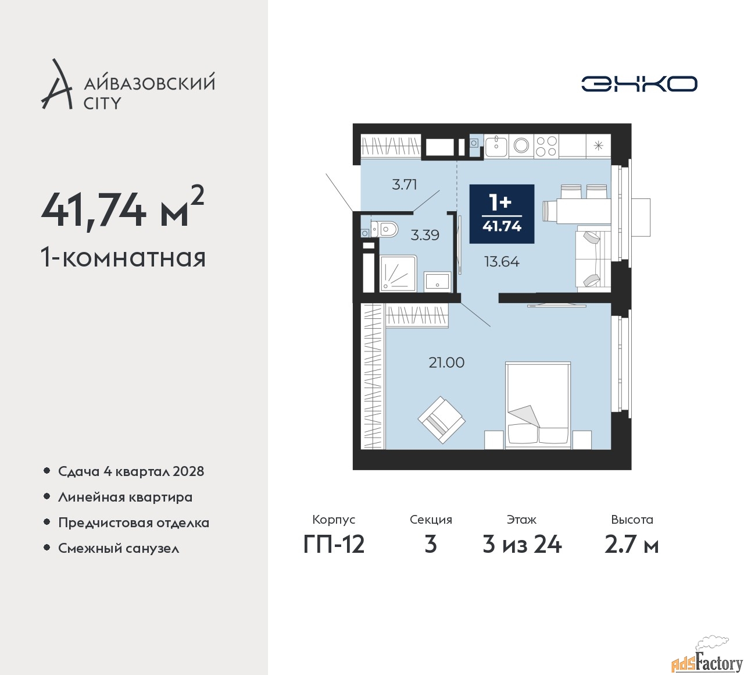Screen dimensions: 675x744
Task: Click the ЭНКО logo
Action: pos(639,84)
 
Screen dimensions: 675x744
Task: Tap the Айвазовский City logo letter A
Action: pos(57,85)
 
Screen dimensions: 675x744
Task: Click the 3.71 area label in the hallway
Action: pos(405,185)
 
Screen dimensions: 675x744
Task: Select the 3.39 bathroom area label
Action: pos(425,235)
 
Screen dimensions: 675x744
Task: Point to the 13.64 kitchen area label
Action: pos(502,262)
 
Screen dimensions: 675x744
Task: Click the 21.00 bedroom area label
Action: pos(446,363)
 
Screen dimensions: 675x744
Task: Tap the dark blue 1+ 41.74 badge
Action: pos(502,214)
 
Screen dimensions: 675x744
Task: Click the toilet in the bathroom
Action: pos(385,230)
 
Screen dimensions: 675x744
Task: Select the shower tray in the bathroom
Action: pos(398,273)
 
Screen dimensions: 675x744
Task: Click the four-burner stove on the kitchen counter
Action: pos(546,146)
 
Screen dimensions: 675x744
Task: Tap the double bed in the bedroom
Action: pos(537,405)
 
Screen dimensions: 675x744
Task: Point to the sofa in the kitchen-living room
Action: pos(593,259)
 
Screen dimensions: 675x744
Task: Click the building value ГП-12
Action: pos(334,544)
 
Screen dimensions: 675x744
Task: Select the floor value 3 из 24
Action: pos(522,544)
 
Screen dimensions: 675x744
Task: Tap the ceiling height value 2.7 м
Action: pos(632,544)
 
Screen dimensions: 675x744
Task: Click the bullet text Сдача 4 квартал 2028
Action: pos(131,471)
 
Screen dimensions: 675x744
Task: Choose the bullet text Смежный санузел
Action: pos(119,548)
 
